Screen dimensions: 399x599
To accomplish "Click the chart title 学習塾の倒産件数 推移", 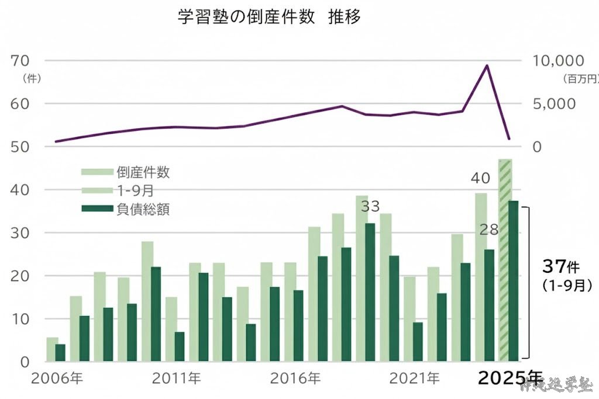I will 269,17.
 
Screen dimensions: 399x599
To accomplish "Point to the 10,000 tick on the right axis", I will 557,61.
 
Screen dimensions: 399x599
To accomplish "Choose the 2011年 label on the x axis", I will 175,378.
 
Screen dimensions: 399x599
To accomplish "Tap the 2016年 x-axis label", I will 295,378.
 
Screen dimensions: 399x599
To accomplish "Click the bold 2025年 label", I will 510,379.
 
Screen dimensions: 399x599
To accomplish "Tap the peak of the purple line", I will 487,65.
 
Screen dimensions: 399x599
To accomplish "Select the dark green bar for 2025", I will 514,280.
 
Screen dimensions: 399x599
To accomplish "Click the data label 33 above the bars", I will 370,206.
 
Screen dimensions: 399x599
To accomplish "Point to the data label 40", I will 481,176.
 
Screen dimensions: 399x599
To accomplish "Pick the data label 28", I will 489,230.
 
